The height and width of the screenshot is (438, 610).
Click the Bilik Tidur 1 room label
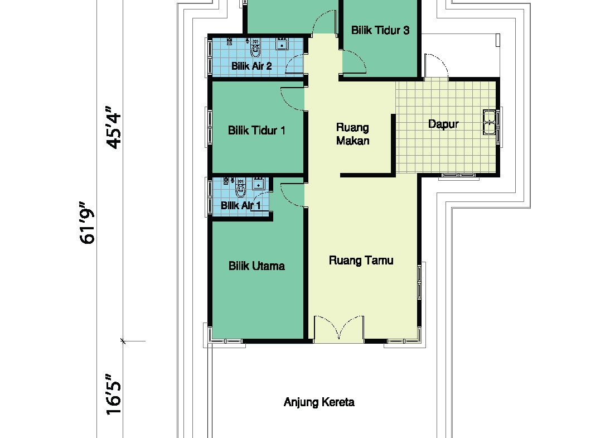(x=256, y=130)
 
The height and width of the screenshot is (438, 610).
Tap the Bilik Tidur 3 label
(x=380, y=30)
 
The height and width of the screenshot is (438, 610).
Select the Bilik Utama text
(x=256, y=266)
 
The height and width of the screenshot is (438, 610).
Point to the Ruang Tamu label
(x=361, y=261)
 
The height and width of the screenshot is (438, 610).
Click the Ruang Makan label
(x=352, y=134)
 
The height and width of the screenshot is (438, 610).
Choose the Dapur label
(x=443, y=124)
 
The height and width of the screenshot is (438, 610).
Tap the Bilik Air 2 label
(x=251, y=66)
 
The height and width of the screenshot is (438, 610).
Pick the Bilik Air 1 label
(x=240, y=205)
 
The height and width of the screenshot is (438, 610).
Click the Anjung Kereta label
(x=319, y=402)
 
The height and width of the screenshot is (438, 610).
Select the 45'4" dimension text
(x=114, y=127)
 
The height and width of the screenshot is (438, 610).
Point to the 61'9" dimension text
(x=87, y=223)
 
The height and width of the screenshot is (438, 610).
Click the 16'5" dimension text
(x=114, y=394)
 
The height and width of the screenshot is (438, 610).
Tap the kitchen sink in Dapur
(x=489, y=122)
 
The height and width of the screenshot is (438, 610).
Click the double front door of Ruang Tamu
(x=339, y=329)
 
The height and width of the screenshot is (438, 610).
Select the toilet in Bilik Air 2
(x=255, y=46)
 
